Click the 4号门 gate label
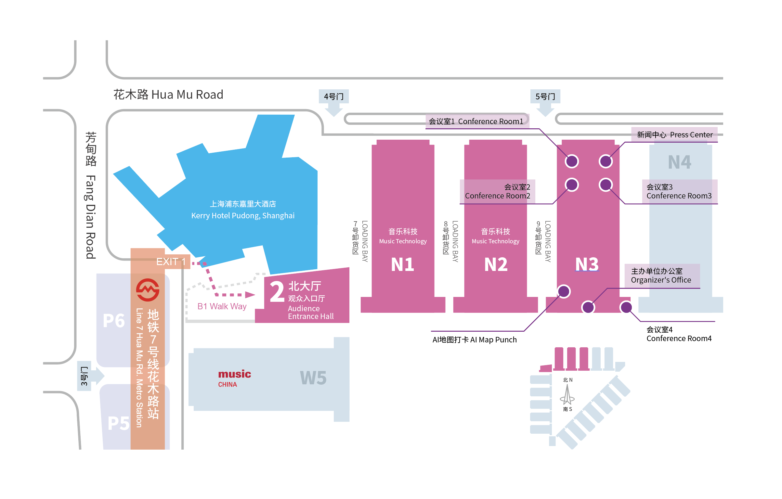tap(333, 96)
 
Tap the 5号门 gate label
tap(545, 96)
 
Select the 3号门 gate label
tap(84, 376)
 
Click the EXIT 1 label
tap(171, 262)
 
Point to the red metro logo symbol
tap(148, 290)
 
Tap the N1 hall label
tap(402, 264)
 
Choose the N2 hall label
tap(496, 264)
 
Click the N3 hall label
tap(587, 264)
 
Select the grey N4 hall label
tap(680, 162)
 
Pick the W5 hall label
tap(313, 378)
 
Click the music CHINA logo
tap(234, 378)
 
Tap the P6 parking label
tap(114, 321)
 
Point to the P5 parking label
tap(119, 423)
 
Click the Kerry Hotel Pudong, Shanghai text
tap(243, 216)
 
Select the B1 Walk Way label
tap(222, 306)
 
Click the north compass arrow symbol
tap(567, 394)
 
